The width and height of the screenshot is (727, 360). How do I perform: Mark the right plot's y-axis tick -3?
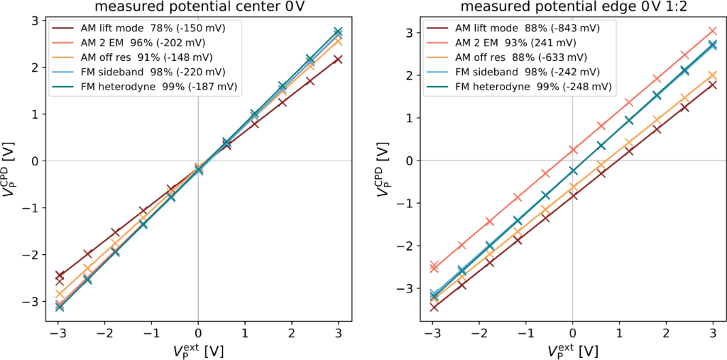click(x=412, y=289)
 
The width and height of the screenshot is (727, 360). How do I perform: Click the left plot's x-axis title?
click(x=198, y=350)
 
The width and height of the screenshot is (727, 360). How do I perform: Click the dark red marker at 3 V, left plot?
click(x=338, y=60)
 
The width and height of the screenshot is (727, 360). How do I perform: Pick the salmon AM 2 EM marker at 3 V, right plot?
click(x=712, y=31)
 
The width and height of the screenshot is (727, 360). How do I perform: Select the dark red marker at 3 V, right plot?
click(x=712, y=85)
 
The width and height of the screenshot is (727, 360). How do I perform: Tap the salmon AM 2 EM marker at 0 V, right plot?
click(x=572, y=150)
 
